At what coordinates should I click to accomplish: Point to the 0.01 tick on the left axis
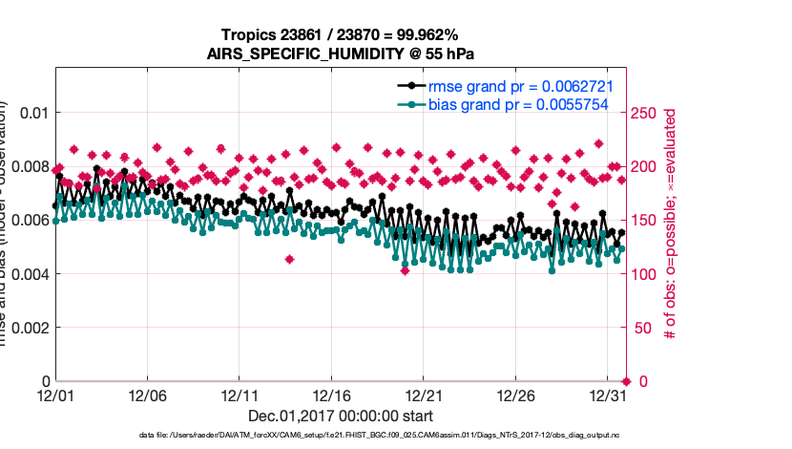click(32, 113)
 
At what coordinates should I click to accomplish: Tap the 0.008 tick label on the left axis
click(29, 166)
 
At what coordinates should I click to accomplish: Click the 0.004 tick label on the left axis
click(29, 274)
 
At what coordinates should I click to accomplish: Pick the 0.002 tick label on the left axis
click(29, 328)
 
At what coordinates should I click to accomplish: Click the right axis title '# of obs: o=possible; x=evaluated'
click(671, 224)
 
